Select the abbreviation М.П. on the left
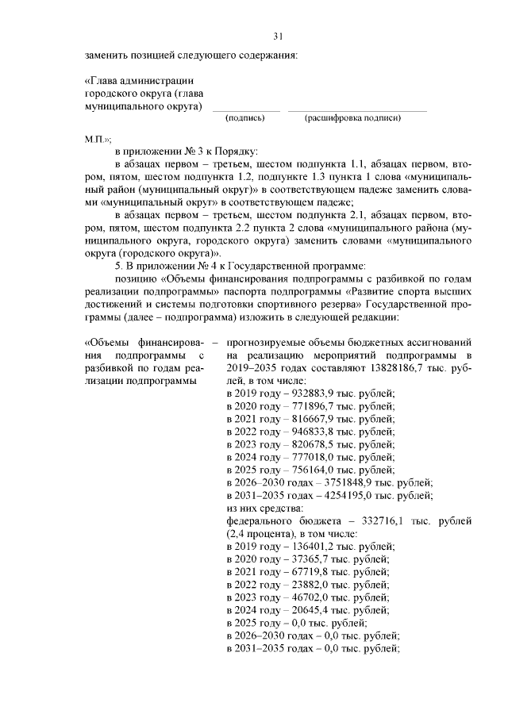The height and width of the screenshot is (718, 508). pos(98,137)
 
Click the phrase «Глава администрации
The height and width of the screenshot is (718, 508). pos(138,81)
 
